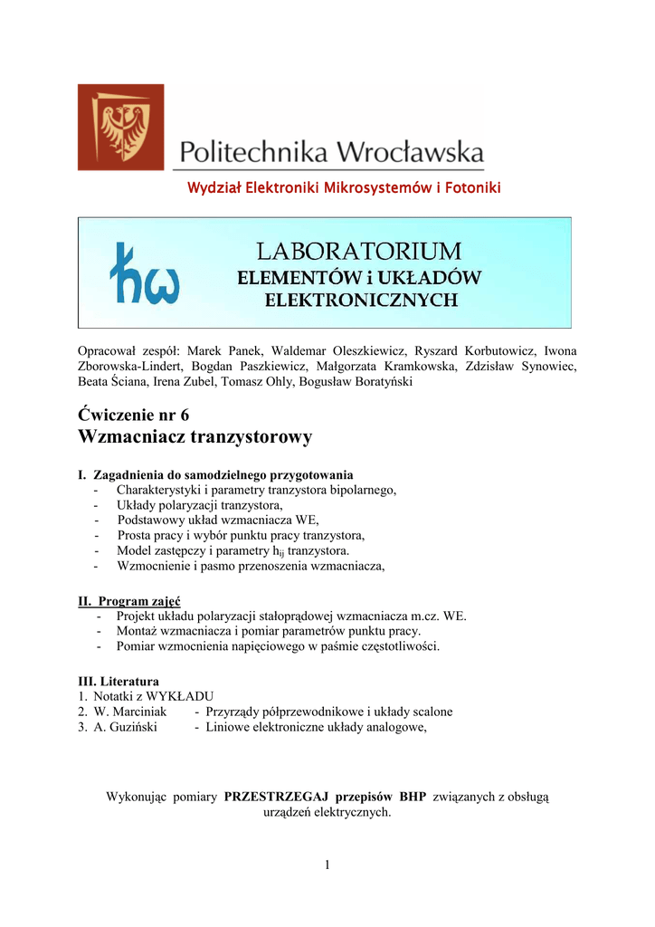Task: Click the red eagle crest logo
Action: pyautogui.click(x=120, y=127)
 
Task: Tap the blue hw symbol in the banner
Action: pyautogui.click(x=144, y=272)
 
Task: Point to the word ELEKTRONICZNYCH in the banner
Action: pyautogui.click(x=360, y=301)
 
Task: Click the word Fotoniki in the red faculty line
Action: pyautogui.click(x=470, y=188)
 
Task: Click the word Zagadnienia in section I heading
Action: pyautogui.click(x=132, y=474)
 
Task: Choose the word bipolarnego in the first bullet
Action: pyautogui.click(x=360, y=489)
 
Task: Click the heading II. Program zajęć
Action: pyautogui.click(x=129, y=601)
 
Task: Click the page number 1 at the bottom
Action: pyautogui.click(x=327, y=866)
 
